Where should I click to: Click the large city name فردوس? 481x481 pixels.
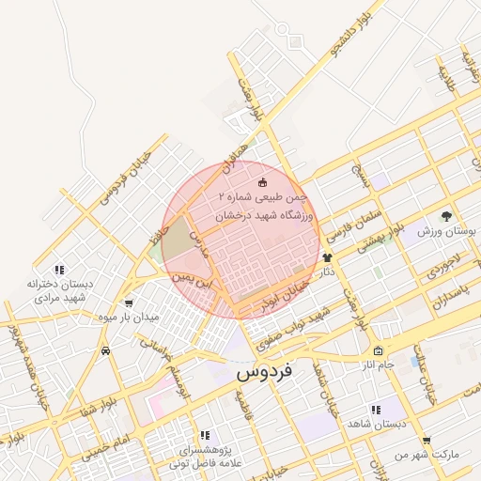[x=264, y=371]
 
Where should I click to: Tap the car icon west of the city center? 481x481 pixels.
[x=104, y=350]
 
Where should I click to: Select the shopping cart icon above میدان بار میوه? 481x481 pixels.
[x=129, y=303]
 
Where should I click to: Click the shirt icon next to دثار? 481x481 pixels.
[x=327, y=257]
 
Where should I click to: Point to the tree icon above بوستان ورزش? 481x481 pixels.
[x=445, y=216]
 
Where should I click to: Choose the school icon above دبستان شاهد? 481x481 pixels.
[x=376, y=410]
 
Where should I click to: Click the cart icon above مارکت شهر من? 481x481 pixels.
[x=427, y=440]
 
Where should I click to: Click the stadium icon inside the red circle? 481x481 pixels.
[x=263, y=182]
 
